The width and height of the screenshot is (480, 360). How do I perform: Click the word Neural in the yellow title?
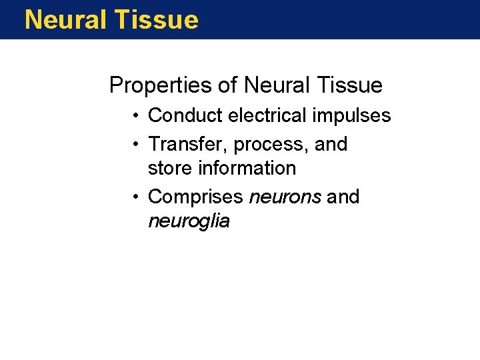tap(65, 20)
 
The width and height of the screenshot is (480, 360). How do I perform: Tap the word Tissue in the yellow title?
tap(156, 20)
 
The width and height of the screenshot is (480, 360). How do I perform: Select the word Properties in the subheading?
tap(159, 85)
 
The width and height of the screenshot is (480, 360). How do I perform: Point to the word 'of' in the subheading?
tap(227, 85)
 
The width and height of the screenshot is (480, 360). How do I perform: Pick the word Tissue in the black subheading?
tap(349, 85)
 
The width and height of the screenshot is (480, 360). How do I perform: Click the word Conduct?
tap(185, 115)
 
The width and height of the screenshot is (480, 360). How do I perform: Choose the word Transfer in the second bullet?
tap(188, 144)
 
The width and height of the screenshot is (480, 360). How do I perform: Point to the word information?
tap(246, 168)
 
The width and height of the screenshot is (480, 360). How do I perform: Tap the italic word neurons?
tap(285, 197)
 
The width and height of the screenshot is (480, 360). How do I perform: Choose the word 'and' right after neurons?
tap(343, 197)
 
